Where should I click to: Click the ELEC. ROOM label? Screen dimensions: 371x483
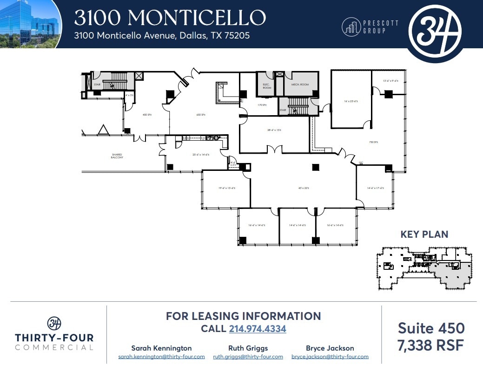click(267, 86)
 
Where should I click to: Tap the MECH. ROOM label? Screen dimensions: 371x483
click(300, 85)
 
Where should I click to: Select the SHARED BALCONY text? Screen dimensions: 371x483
click(117, 156)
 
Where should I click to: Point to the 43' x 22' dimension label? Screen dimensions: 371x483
click(304, 188)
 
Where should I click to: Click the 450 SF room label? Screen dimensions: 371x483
click(147, 114)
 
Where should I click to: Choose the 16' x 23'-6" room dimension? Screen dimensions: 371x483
click(351, 101)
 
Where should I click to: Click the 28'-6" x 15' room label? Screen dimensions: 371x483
click(275, 130)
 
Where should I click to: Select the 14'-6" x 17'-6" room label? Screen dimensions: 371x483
click(375, 188)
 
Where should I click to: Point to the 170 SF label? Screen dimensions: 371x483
click(262, 105)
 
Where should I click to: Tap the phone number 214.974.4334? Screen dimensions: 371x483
click(258, 329)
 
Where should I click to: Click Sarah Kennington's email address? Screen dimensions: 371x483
click(161, 357)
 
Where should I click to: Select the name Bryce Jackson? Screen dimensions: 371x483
click(330, 348)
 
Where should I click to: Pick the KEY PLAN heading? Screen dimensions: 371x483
click(424, 234)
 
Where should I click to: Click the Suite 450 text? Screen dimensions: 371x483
click(431, 328)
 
